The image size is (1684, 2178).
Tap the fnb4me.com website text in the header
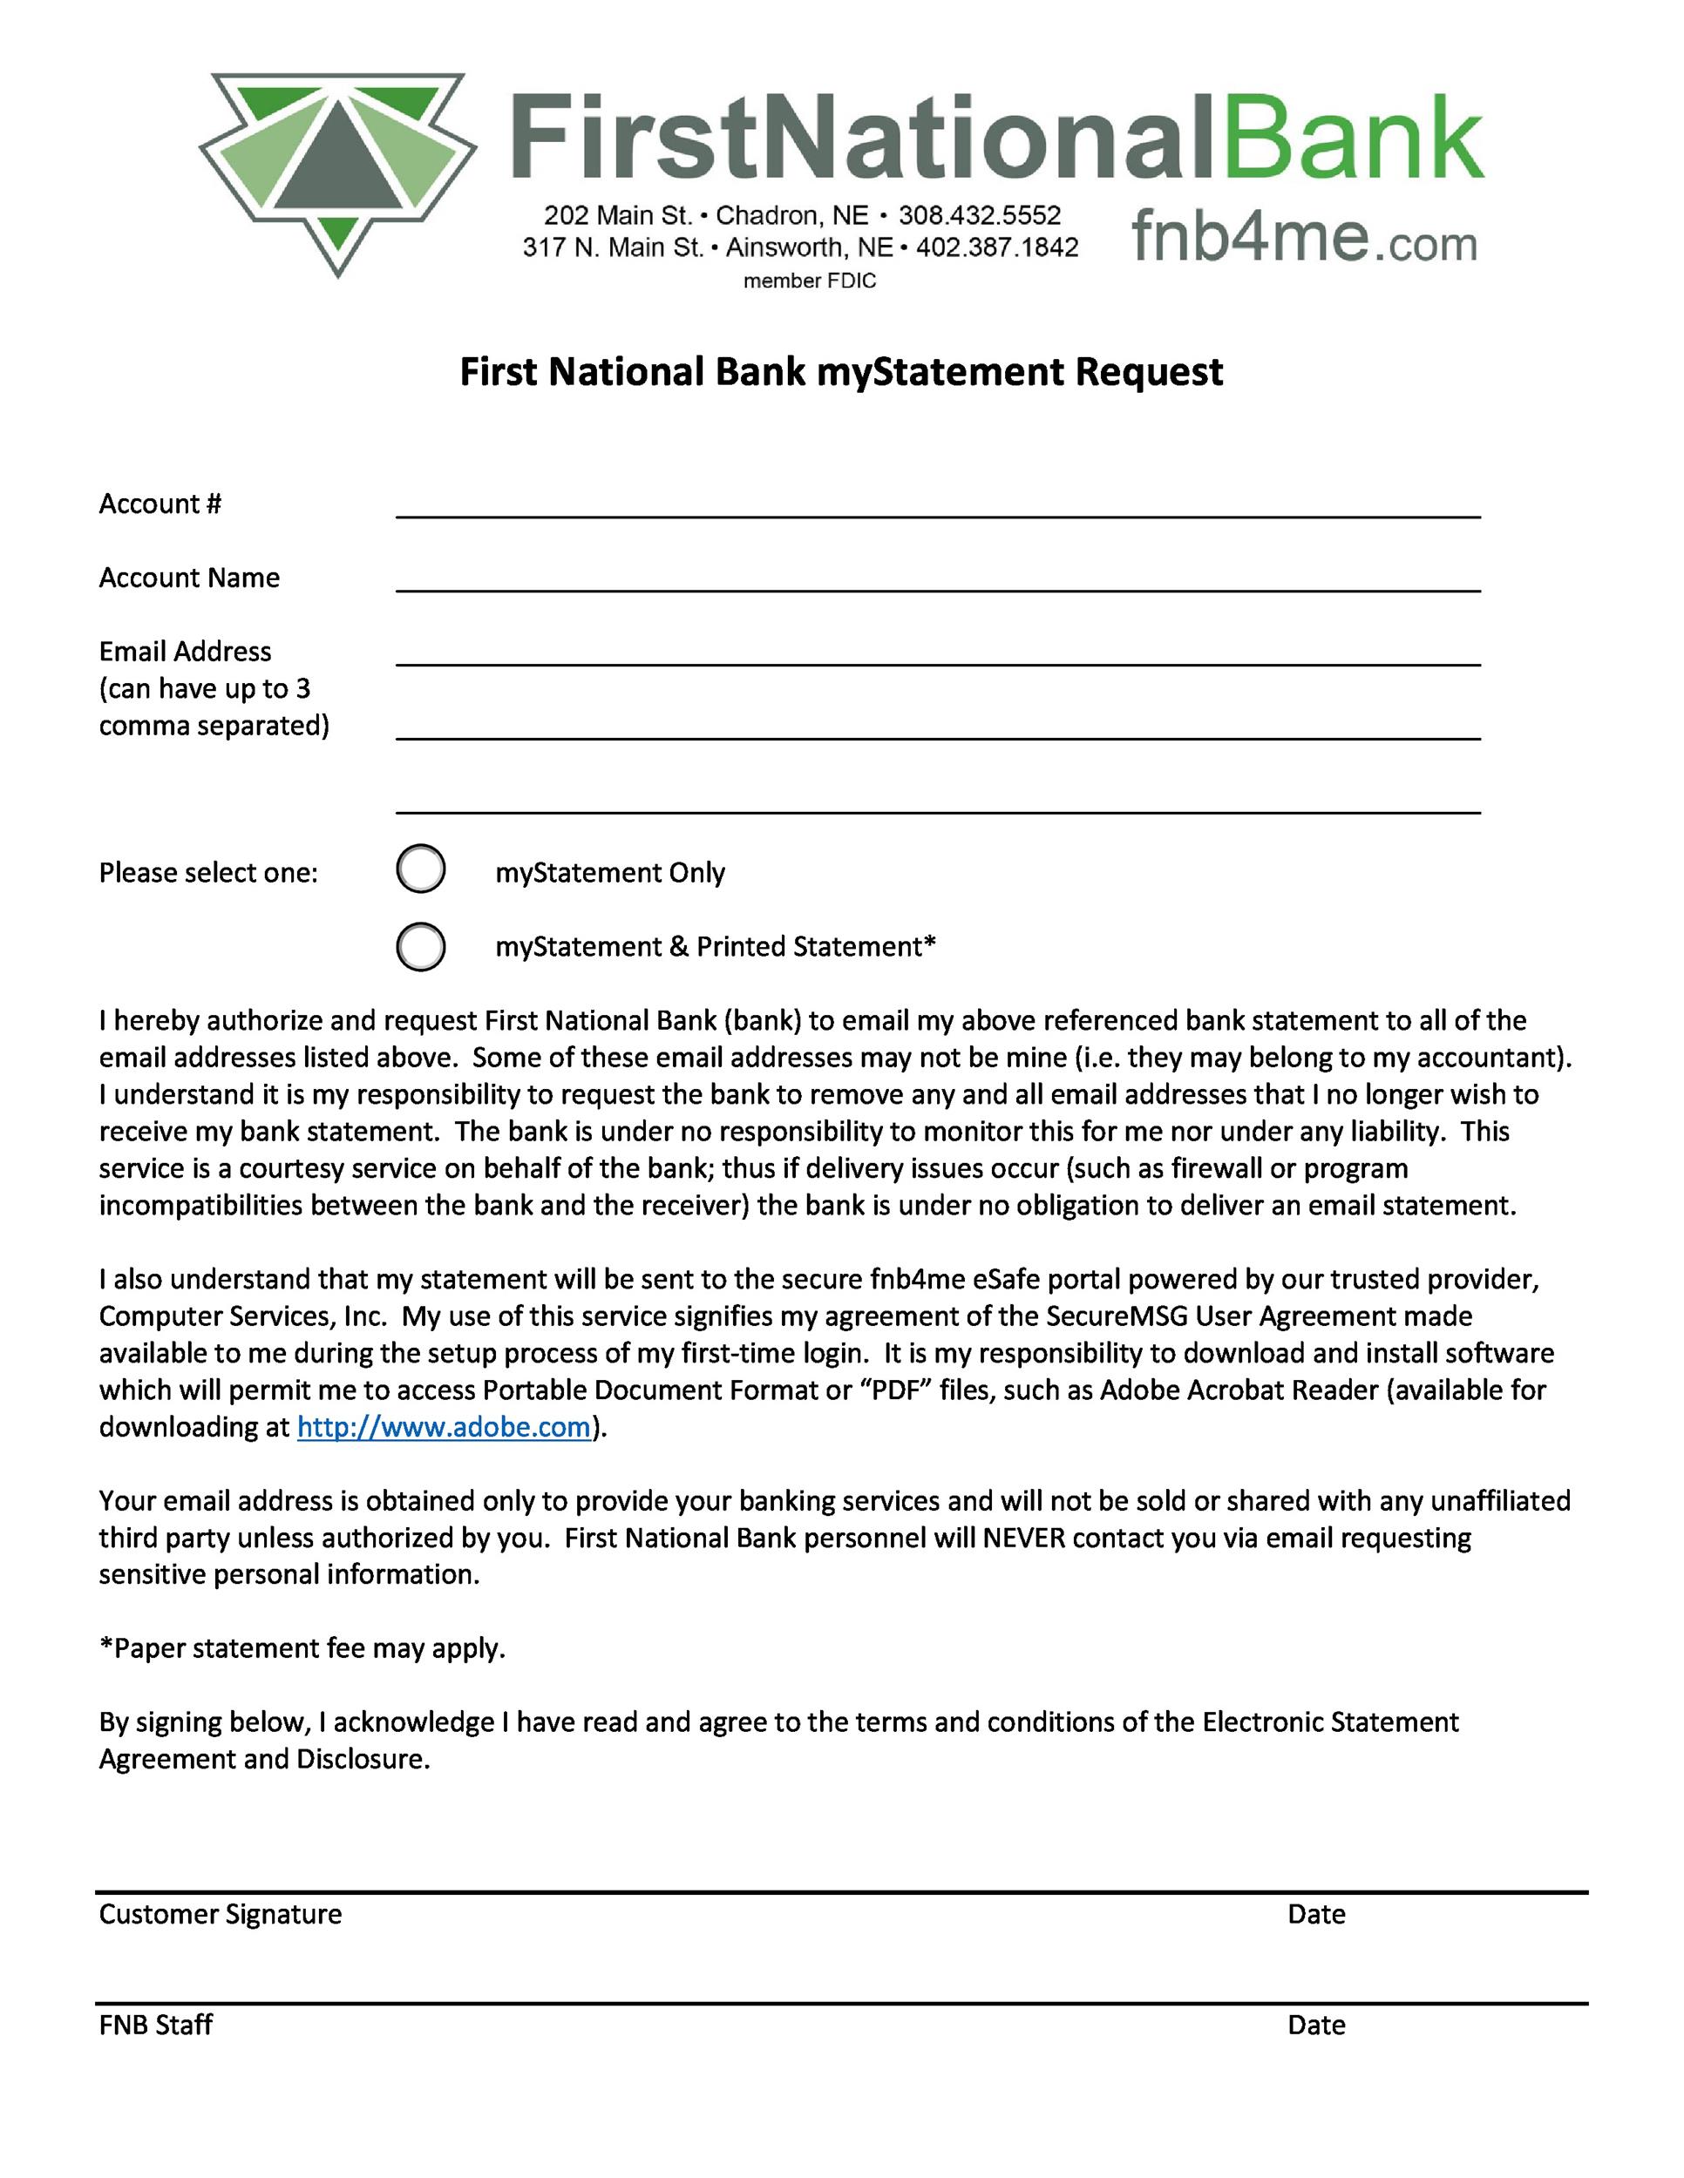[1304, 240]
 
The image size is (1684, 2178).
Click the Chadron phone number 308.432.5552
[979, 215]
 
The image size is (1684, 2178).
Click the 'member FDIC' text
[809, 281]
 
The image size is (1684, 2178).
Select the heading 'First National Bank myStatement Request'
[841, 372]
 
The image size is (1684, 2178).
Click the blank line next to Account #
[938, 504]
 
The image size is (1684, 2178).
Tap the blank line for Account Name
[938, 578]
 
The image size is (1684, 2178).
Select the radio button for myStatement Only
[421, 869]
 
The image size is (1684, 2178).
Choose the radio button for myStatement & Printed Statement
[421, 946]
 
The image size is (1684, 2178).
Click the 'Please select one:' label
[207, 874]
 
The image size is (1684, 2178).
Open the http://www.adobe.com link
[444, 1427]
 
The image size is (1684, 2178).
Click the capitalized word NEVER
[1023, 1538]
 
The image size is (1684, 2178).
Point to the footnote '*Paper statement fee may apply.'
[302, 1648]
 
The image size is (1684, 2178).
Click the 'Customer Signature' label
[220, 1914]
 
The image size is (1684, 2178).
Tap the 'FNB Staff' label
[156, 2025]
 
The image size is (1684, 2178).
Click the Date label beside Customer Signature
[1316, 1914]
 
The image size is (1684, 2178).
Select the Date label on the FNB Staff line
[1316, 2025]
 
